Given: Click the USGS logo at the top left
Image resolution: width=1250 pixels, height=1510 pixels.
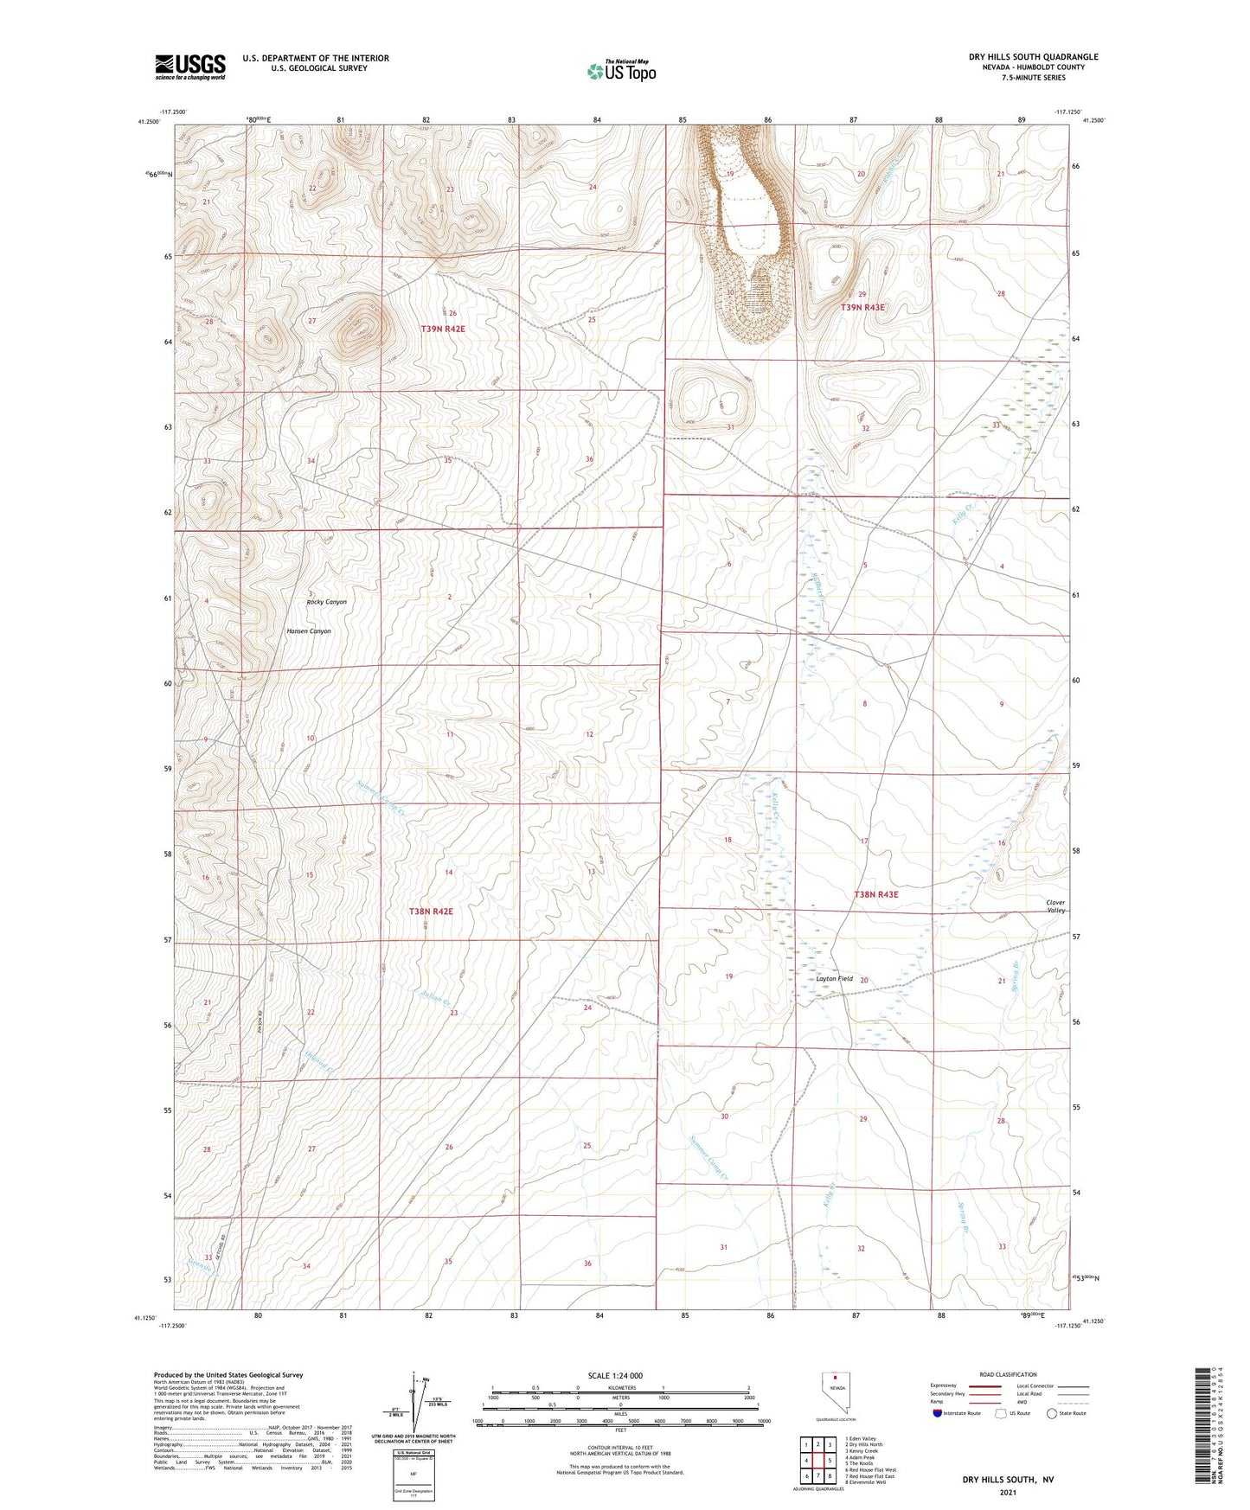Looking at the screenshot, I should pyautogui.click(x=189, y=67).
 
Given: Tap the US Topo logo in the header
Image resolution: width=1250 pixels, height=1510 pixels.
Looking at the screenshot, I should pyautogui.click(x=620, y=71).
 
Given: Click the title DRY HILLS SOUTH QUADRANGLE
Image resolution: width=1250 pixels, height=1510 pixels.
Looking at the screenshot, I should pyautogui.click(x=1033, y=57).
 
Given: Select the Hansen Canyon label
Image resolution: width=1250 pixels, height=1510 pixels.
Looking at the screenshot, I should pyautogui.click(x=309, y=631).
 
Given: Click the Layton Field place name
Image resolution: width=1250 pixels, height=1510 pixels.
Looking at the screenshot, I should pyautogui.click(x=835, y=979).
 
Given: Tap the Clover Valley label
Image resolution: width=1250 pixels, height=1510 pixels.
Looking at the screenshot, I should pyautogui.click(x=1055, y=906).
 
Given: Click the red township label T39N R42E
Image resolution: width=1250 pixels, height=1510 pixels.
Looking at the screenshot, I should pyautogui.click(x=443, y=329).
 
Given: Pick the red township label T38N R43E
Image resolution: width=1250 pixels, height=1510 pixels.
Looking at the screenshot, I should pyautogui.click(x=875, y=894).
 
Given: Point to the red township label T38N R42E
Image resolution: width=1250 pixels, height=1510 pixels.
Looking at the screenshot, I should pyautogui.click(x=431, y=912).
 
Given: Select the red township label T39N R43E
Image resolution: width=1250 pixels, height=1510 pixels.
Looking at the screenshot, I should pyautogui.click(x=862, y=308).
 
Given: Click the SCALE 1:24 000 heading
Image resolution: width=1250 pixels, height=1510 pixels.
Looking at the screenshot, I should pyautogui.click(x=615, y=1375).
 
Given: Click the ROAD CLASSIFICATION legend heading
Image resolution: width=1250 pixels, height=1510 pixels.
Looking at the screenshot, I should pyautogui.click(x=1008, y=1374).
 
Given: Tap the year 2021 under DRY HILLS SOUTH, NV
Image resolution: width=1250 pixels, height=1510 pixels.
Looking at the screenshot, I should pyautogui.click(x=1007, y=1492).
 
